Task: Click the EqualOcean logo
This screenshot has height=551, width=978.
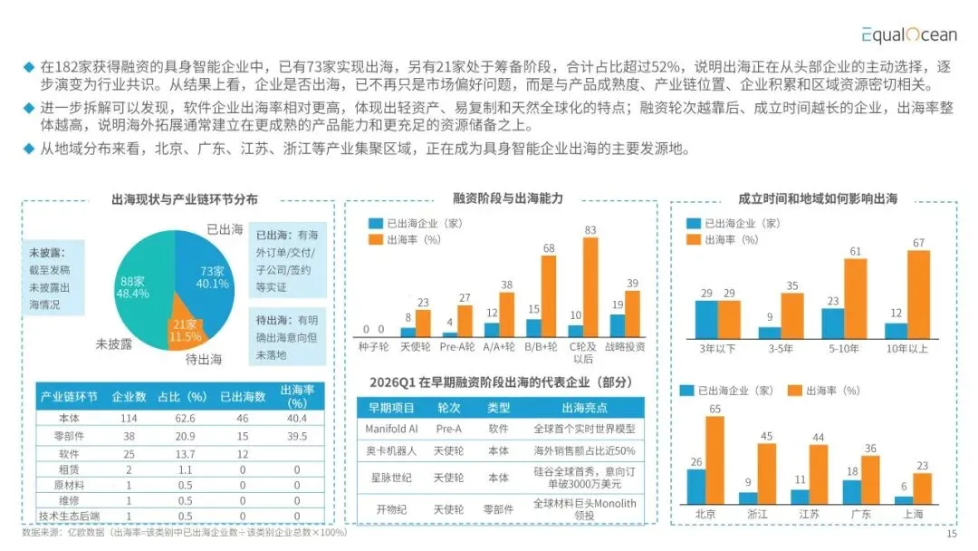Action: (909, 34)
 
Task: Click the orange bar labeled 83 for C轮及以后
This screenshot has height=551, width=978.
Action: (590, 287)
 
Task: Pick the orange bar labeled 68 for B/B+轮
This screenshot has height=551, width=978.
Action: (548, 296)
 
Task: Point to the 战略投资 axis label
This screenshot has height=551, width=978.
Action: (625, 347)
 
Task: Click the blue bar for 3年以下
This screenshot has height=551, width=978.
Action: (706, 320)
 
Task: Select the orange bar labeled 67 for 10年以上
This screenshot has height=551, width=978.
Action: (918, 295)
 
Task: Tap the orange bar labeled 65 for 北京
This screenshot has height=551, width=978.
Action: (714, 459)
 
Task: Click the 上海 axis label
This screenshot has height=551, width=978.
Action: (913, 514)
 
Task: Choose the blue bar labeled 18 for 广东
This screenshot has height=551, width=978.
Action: (852, 492)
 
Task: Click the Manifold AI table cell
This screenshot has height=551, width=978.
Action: (391, 429)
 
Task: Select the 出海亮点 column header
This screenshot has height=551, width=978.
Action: (584, 408)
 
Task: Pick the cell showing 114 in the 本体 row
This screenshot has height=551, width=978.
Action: (129, 418)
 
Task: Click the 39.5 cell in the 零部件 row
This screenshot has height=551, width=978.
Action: (297, 436)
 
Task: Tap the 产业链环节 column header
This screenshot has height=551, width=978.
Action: (69, 397)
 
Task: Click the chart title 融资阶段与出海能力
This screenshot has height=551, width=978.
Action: (508, 198)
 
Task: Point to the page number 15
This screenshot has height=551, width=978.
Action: (951, 534)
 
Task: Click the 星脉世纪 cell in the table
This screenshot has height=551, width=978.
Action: (391, 478)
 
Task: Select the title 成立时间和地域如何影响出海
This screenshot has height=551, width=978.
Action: (818, 198)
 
